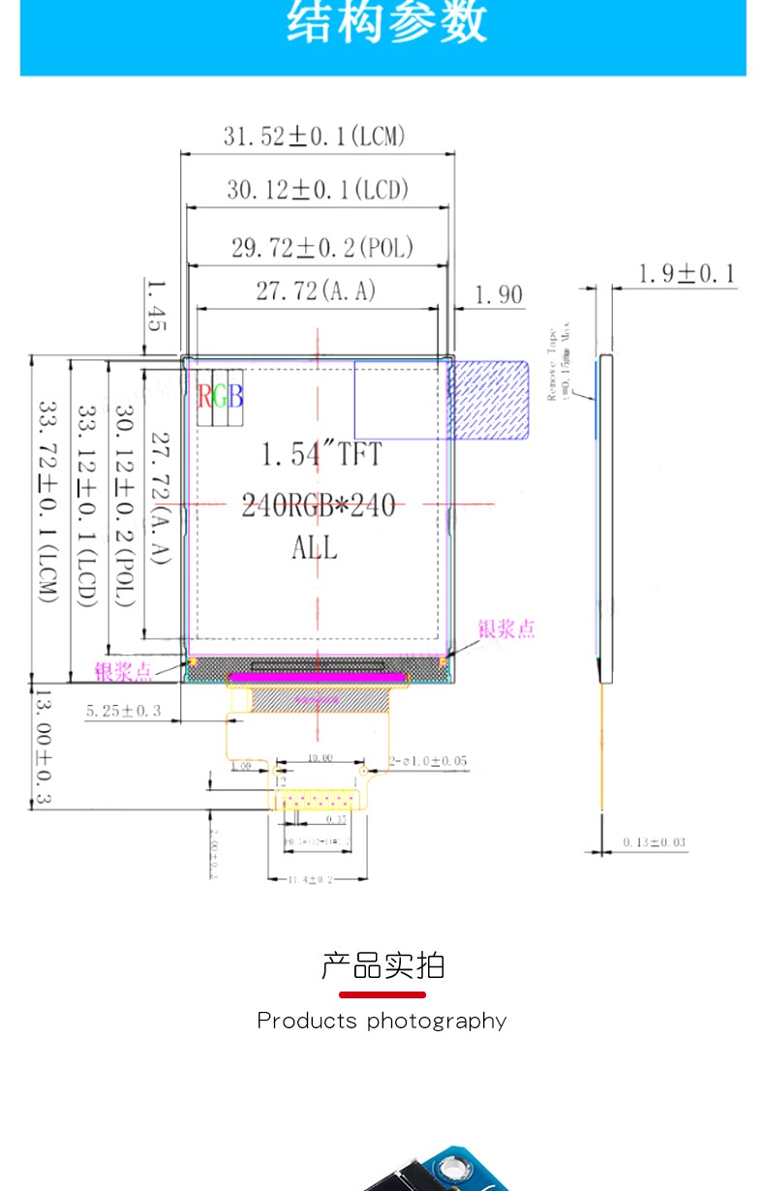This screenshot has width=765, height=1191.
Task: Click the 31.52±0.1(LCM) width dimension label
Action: click(x=315, y=137)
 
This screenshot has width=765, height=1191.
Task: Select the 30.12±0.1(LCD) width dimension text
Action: click(x=318, y=190)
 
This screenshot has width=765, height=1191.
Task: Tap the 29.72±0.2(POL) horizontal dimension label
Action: click(x=321, y=248)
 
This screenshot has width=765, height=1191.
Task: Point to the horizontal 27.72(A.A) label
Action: click(x=315, y=290)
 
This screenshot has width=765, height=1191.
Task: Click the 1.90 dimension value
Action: click(x=499, y=294)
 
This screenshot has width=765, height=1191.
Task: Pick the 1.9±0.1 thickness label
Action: click(x=686, y=274)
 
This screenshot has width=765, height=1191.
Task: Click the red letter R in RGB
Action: click(x=205, y=395)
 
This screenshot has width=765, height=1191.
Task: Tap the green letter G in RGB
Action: click(x=220, y=395)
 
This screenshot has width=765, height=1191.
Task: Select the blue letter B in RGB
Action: click(x=235, y=395)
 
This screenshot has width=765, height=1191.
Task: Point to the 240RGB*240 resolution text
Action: click(x=319, y=504)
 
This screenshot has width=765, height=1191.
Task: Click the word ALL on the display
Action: click(x=315, y=548)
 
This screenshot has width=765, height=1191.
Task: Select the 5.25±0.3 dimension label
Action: click(x=123, y=712)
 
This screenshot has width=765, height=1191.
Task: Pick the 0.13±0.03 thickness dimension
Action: click(x=654, y=842)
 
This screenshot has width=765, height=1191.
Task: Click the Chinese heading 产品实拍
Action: click(x=382, y=965)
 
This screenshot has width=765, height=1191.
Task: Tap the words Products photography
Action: click(x=382, y=1021)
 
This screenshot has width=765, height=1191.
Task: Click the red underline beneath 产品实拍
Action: click(x=382, y=994)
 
